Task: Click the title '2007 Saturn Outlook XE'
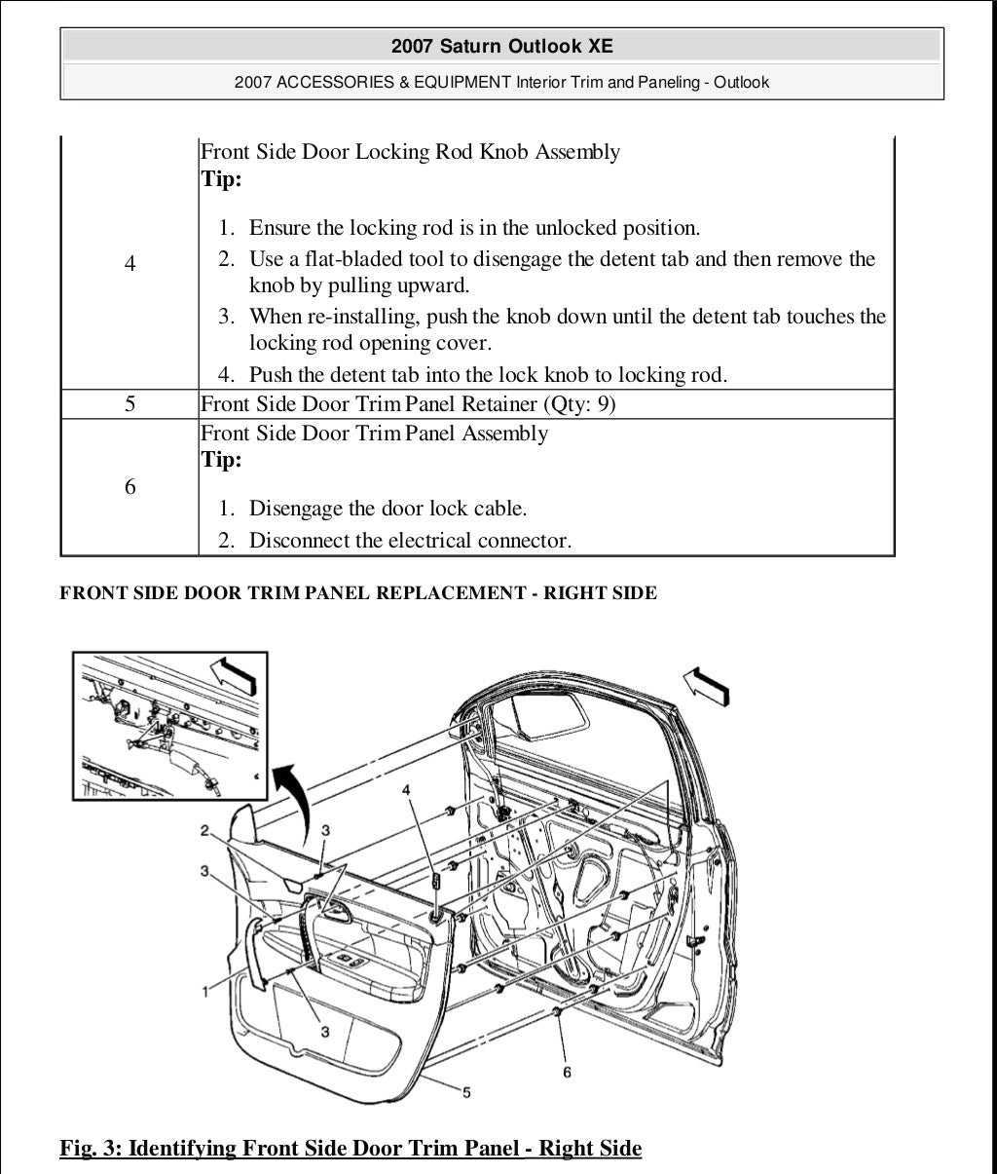coord(501,46)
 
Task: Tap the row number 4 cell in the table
coord(130,264)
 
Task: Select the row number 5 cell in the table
coord(130,404)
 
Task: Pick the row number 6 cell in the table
coord(130,487)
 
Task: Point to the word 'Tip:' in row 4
coord(221,179)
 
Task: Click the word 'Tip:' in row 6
coord(221,460)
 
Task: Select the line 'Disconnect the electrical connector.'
coord(410,540)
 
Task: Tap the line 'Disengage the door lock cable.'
coord(388,509)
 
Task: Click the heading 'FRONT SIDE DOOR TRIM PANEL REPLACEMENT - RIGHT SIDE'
coord(358,593)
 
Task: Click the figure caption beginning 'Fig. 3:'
coord(351,1148)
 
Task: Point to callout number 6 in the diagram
coord(567,1072)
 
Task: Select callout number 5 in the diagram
coord(467,1093)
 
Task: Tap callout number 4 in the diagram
coord(406,789)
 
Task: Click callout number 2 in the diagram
coord(205,830)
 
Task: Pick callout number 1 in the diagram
coord(205,991)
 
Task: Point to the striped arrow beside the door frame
coord(708,685)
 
